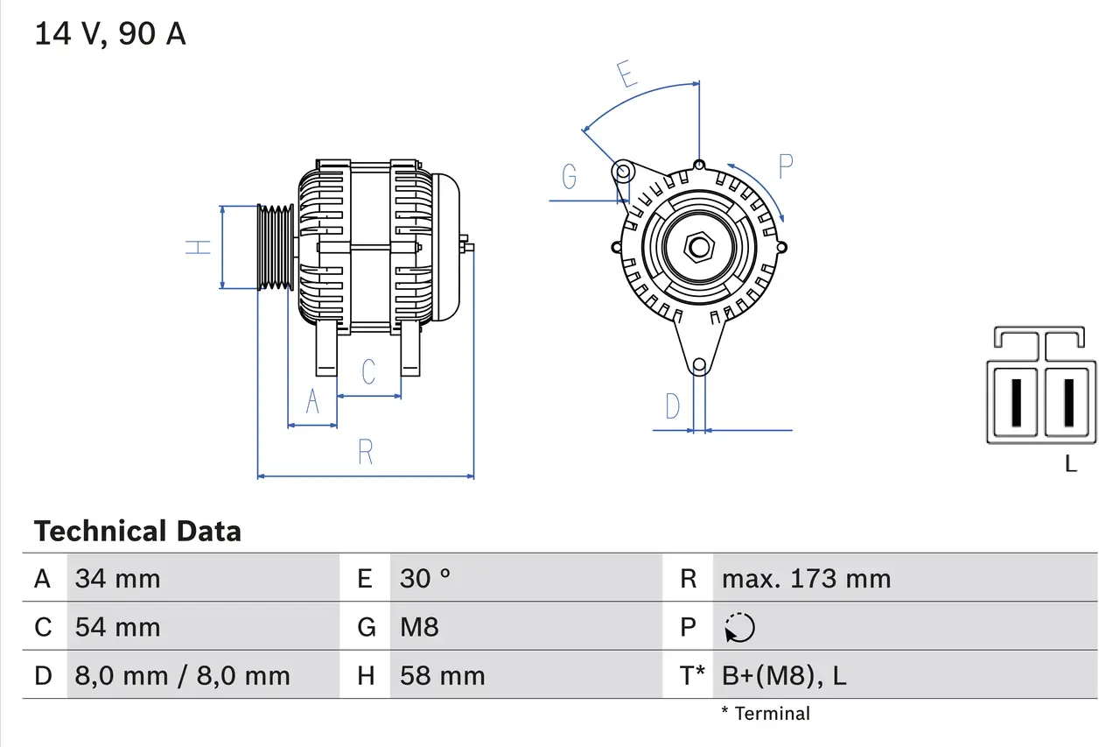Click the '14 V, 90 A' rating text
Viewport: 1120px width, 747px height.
(110, 34)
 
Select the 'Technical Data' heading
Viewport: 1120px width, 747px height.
(137, 532)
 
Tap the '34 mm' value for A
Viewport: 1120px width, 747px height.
(118, 579)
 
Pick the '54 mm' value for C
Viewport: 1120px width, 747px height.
(118, 627)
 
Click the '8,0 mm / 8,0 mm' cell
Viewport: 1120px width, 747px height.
(182, 676)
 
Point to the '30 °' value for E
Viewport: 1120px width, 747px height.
(425, 579)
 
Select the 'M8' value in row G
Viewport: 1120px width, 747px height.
(419, 627)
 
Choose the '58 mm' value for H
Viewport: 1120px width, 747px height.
(442, 676)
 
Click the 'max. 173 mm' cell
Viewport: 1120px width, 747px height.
(806, 579)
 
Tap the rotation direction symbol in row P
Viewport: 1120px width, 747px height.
(739, 628)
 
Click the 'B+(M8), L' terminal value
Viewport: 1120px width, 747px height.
(784, 676)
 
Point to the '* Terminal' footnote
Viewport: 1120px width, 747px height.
(766, 714)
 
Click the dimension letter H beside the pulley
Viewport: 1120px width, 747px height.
(200, 247)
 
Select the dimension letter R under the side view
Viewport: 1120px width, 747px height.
(366, 453)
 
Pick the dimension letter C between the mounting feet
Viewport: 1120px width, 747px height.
(368, 371)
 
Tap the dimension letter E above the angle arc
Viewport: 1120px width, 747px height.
(626, 74)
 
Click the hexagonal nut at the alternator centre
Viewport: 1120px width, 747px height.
(698, 247)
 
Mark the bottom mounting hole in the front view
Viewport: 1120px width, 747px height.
(698, 365)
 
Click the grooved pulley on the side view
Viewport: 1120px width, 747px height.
(276, 247)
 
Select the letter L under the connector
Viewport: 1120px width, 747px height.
(1071, 464)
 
